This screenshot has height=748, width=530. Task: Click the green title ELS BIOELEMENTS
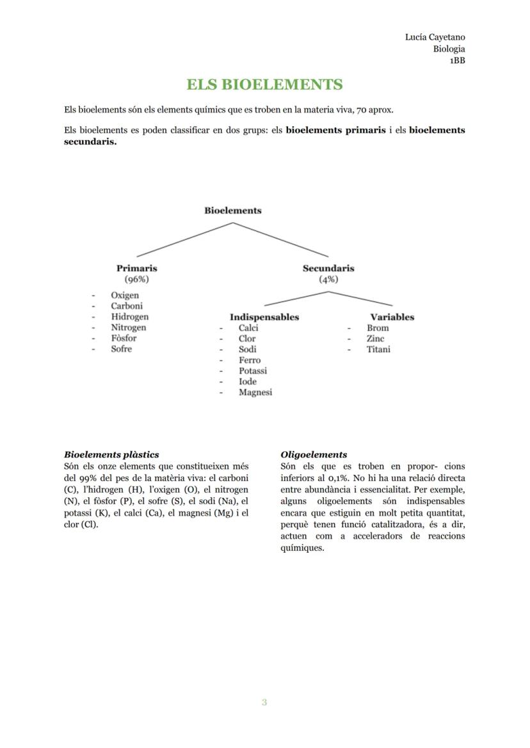click(264, 84)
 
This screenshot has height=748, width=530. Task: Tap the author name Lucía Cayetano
click(435, 37)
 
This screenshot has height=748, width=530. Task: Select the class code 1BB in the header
click(456, 61)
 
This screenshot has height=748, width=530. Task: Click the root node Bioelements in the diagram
click(232, 210)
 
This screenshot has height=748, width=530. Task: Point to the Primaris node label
click(136, 268)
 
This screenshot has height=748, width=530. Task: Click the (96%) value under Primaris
click(136, 279)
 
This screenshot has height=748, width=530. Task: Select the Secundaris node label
click(328, 268)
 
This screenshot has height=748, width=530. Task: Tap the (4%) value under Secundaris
click(328, 279)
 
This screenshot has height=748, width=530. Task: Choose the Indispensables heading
click(264, 317)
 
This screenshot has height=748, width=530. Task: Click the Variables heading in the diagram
click(392, 317)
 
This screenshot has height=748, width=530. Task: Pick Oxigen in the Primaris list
click(125, 295)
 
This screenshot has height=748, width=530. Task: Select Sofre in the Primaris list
click(122, 349)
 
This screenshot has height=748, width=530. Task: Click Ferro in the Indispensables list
click(250, 360)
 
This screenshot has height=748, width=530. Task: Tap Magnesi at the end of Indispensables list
click(255, 392)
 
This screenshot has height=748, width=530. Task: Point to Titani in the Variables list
click(378, 349)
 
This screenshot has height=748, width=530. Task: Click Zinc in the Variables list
click(375, 338)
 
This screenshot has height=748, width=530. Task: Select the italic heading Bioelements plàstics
click(111, 454)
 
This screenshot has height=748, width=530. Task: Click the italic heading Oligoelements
click(314, 454)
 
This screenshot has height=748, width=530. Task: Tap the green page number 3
click(264, 702)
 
